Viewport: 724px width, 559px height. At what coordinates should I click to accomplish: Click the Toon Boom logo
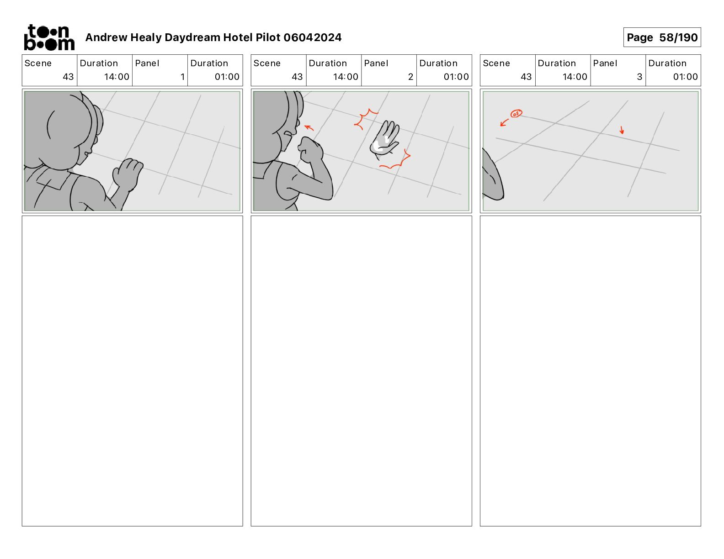(49, 37)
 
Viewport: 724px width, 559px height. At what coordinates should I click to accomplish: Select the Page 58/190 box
(662, 37)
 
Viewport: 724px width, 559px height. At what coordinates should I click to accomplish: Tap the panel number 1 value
(182, 77)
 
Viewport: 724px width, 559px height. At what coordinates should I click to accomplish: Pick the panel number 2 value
(410, 77)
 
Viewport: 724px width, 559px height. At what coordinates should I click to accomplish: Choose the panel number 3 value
(639, 77)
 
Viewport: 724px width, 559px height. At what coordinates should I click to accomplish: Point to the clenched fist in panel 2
(310, 149)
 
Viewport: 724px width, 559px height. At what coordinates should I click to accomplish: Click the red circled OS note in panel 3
(516, 114)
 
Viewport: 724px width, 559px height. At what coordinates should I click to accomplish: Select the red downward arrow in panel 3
(622, 130)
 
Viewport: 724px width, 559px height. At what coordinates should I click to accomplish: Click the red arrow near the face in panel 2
(309, 127)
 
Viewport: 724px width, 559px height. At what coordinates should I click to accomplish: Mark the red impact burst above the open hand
(366, 119)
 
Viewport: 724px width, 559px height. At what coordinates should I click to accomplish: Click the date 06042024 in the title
(312, 37)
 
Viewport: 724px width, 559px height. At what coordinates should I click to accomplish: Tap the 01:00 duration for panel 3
(685, 77)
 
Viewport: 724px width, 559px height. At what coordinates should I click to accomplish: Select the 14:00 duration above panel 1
(116, 77)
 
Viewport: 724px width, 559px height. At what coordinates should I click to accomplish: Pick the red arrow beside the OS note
(504, 122)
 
